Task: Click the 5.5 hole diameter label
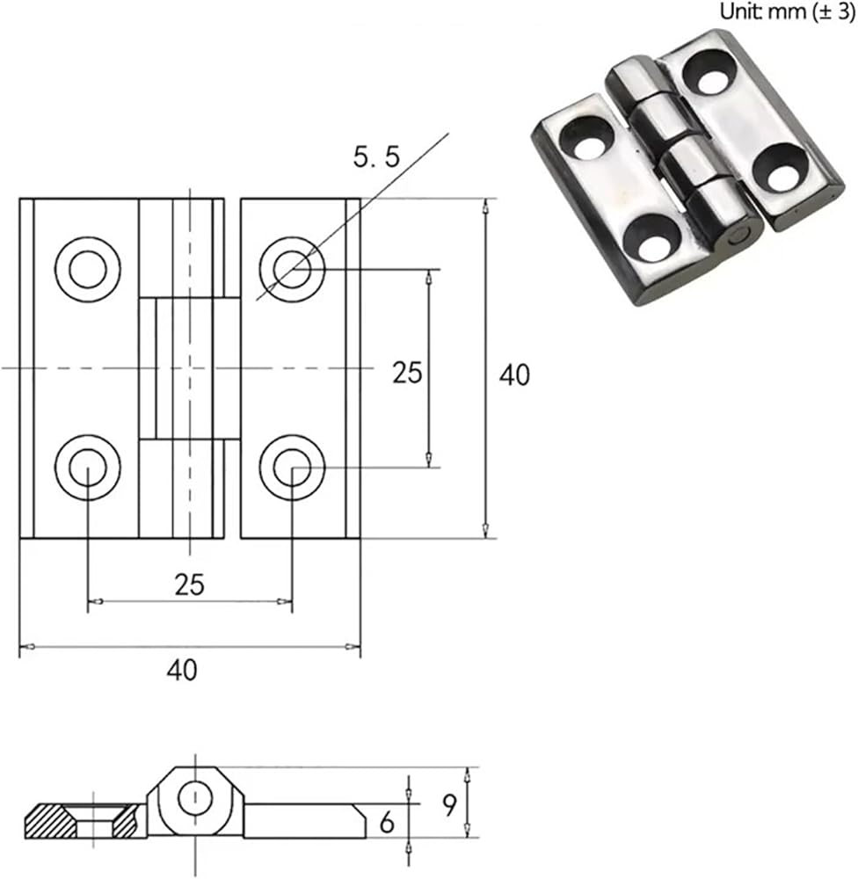[376, 156]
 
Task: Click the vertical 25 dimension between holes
[407, 372]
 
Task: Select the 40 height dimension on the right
[514, 374]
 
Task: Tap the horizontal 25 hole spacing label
[190, 585]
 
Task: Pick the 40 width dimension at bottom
[182, 670]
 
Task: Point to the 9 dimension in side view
[450, 805]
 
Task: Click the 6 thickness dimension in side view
[387, 823]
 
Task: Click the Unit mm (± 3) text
[787, 11]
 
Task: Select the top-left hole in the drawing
[88, 269]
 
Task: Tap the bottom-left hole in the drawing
[88, 467]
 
